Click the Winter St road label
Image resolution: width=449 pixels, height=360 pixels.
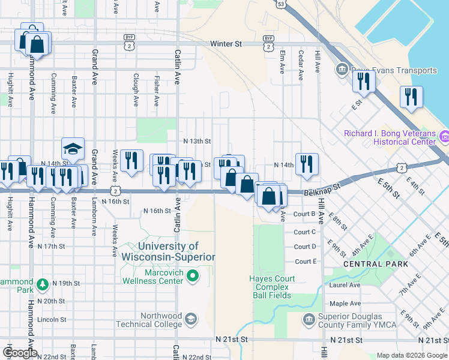tap(226, 44)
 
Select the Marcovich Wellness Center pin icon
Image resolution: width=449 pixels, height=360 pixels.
tap(192, 276)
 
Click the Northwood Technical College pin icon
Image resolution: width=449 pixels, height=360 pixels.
tap(191, 318)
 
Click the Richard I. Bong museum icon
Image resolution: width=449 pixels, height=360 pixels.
tap(444, 137)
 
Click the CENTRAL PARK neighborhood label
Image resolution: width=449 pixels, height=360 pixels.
tap(375, 264)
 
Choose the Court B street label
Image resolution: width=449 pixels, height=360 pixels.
tap(305, 214)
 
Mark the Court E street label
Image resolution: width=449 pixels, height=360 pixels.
tap(306, 262)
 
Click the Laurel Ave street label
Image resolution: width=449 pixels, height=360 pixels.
tap(345, 286)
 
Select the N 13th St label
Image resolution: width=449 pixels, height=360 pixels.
tap(197, 142)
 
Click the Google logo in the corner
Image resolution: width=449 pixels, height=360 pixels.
tap(20, 353)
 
